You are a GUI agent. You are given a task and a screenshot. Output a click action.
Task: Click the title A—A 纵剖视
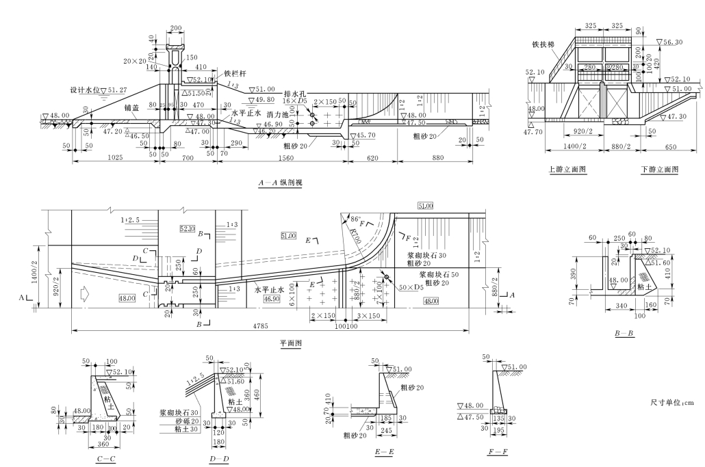tap(281, 183)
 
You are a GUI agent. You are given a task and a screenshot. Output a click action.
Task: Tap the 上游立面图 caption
tap(567, 168)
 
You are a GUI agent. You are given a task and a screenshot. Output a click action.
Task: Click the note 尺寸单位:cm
tap(672, 403)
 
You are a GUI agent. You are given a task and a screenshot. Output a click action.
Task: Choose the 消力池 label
tap(279, 116)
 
